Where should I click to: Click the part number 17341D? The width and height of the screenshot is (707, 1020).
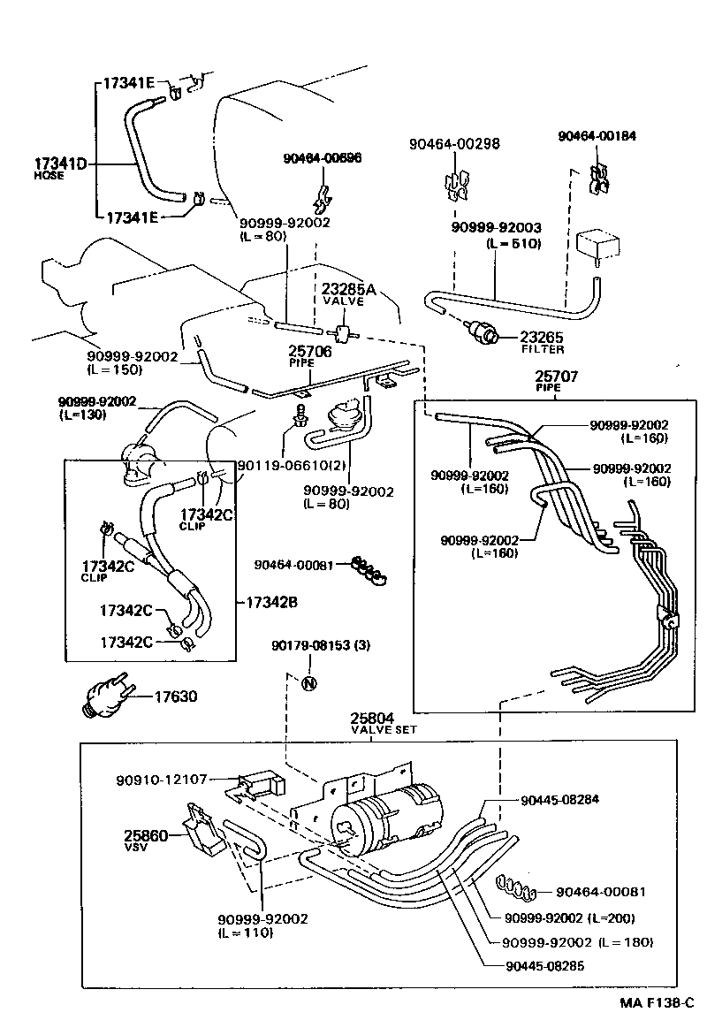[x=60, y=164]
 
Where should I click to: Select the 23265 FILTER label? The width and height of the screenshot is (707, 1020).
[x=542, y=342]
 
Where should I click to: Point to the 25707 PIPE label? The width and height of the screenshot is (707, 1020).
[x=556, y=381]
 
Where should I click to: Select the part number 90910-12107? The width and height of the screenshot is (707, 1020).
[x=162, y=780]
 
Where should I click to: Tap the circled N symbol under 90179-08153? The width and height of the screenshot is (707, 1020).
[x=309, y=682]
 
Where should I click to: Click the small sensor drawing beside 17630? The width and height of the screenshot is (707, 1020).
[x=105, y=698]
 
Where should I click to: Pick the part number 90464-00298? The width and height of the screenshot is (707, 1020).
[x=455, y=144]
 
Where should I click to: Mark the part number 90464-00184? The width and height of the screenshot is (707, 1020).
[x=597, y=136]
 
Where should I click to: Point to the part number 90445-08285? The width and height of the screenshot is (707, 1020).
[x=545, y=966]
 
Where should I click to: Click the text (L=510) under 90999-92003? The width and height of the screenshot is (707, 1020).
[x=513, y=244]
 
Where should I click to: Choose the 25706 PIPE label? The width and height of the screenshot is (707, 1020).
[x=309, y=356]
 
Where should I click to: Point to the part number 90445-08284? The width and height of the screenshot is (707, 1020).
[x=560, y=799]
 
